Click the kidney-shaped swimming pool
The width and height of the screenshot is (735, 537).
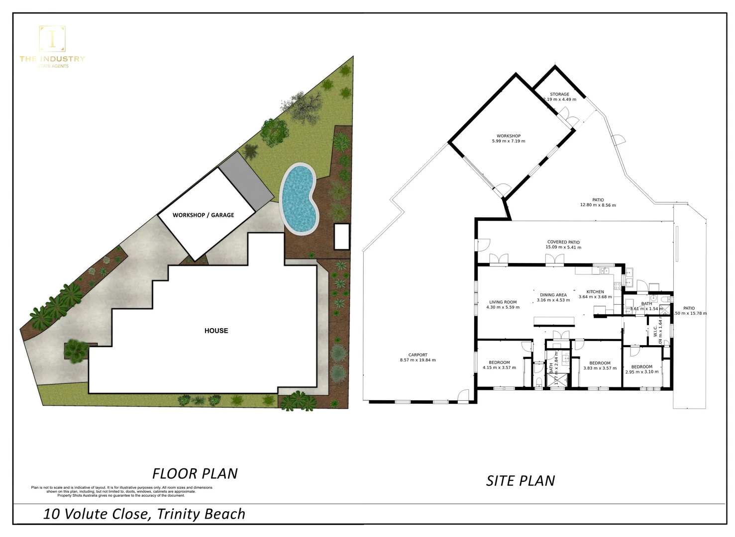pyautogui.click(x=299, y=199)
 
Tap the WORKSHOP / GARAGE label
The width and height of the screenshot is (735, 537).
pyautogui.click(x=203, y=215)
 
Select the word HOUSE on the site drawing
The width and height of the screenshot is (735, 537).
pyautogui.click(x=216, y=331)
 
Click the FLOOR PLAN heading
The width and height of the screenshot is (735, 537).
pyautogui.click(x=195, y=473)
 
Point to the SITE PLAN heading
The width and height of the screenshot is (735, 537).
pyautogui.click(x=520, y=481)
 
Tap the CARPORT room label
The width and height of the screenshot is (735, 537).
pyautogui.click(x=418, y=355)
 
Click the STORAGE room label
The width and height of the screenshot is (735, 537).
pyautogui.click(x=559, y=94)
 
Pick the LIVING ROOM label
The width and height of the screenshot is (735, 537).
pyautogui.click(x=503, y=302)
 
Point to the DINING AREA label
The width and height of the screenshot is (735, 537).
pyautogui.click(x=553, y=295)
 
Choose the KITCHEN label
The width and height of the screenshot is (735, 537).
pyautogui.click(x=595, y=292)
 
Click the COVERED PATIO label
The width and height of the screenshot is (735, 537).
pyautogui.click(x=563, y=242)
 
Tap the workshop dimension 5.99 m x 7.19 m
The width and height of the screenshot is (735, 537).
pyautogui.click(x=508, y=141)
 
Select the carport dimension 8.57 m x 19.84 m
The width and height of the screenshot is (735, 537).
pyautogui.click(x=418, y=360)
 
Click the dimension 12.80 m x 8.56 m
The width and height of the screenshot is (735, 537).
pyautogui.click(x=598, y=205)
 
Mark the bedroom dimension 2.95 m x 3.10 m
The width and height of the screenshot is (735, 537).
pyautogui.click(x=641, y=372)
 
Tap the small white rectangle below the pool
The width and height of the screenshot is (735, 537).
pyautogui.click(x=341, y=237)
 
